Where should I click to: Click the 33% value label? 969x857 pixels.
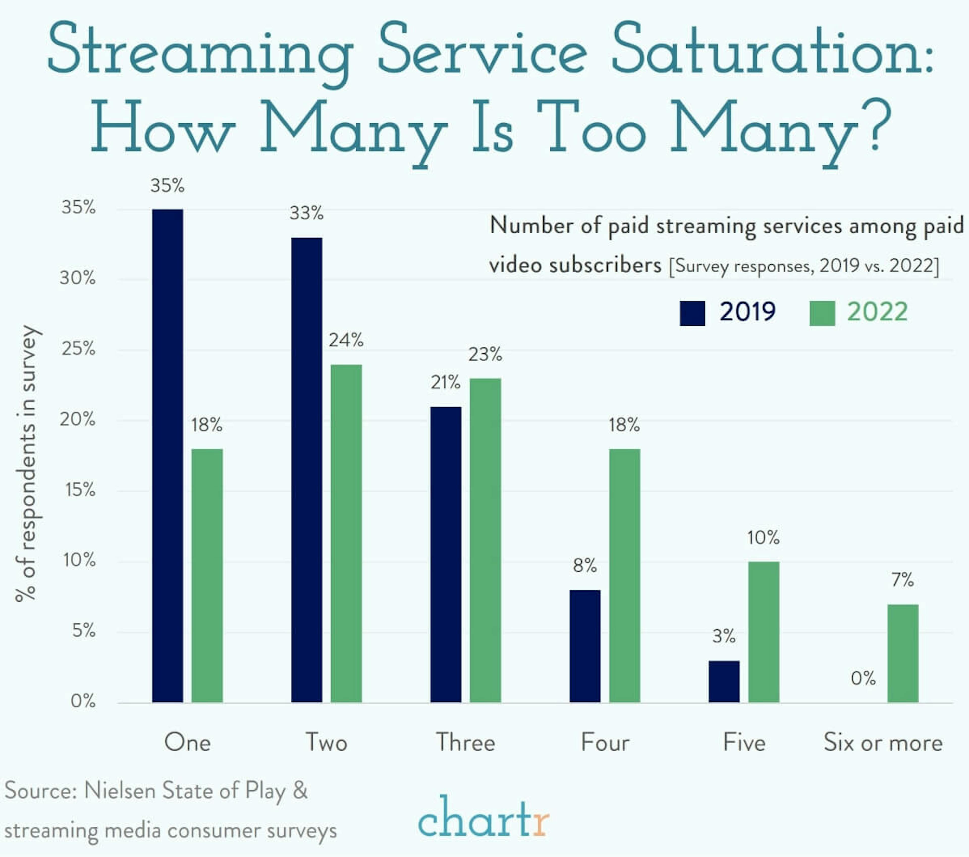point(306,213)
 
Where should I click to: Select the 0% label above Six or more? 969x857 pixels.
point(863,678)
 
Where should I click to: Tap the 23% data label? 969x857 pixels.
point(485,354)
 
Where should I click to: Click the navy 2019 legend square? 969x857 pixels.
point(692,314)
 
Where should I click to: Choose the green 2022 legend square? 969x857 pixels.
point(822,314)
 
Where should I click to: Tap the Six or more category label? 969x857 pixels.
point(883,742)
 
